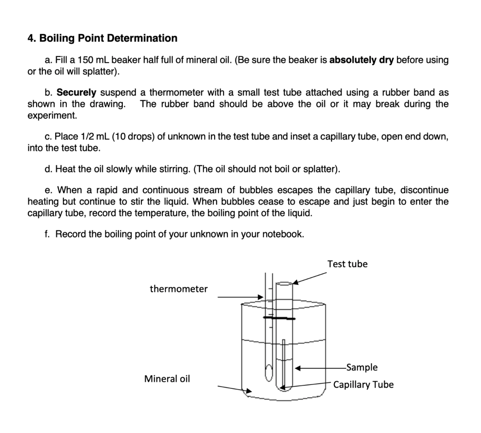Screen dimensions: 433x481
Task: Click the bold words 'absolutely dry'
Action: click(362, 60)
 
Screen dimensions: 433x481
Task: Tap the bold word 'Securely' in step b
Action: click(76, 92)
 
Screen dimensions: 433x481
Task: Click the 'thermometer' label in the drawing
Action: click(178, 289)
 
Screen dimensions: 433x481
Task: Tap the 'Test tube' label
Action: click(347, 264)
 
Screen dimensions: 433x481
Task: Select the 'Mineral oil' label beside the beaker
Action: click(167, 379)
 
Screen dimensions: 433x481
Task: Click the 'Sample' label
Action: click(362, 367)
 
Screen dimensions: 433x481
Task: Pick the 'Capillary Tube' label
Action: click(363, 385)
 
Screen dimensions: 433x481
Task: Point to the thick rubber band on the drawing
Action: click(279, 318)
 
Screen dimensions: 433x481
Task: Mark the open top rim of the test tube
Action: click(284, 283)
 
